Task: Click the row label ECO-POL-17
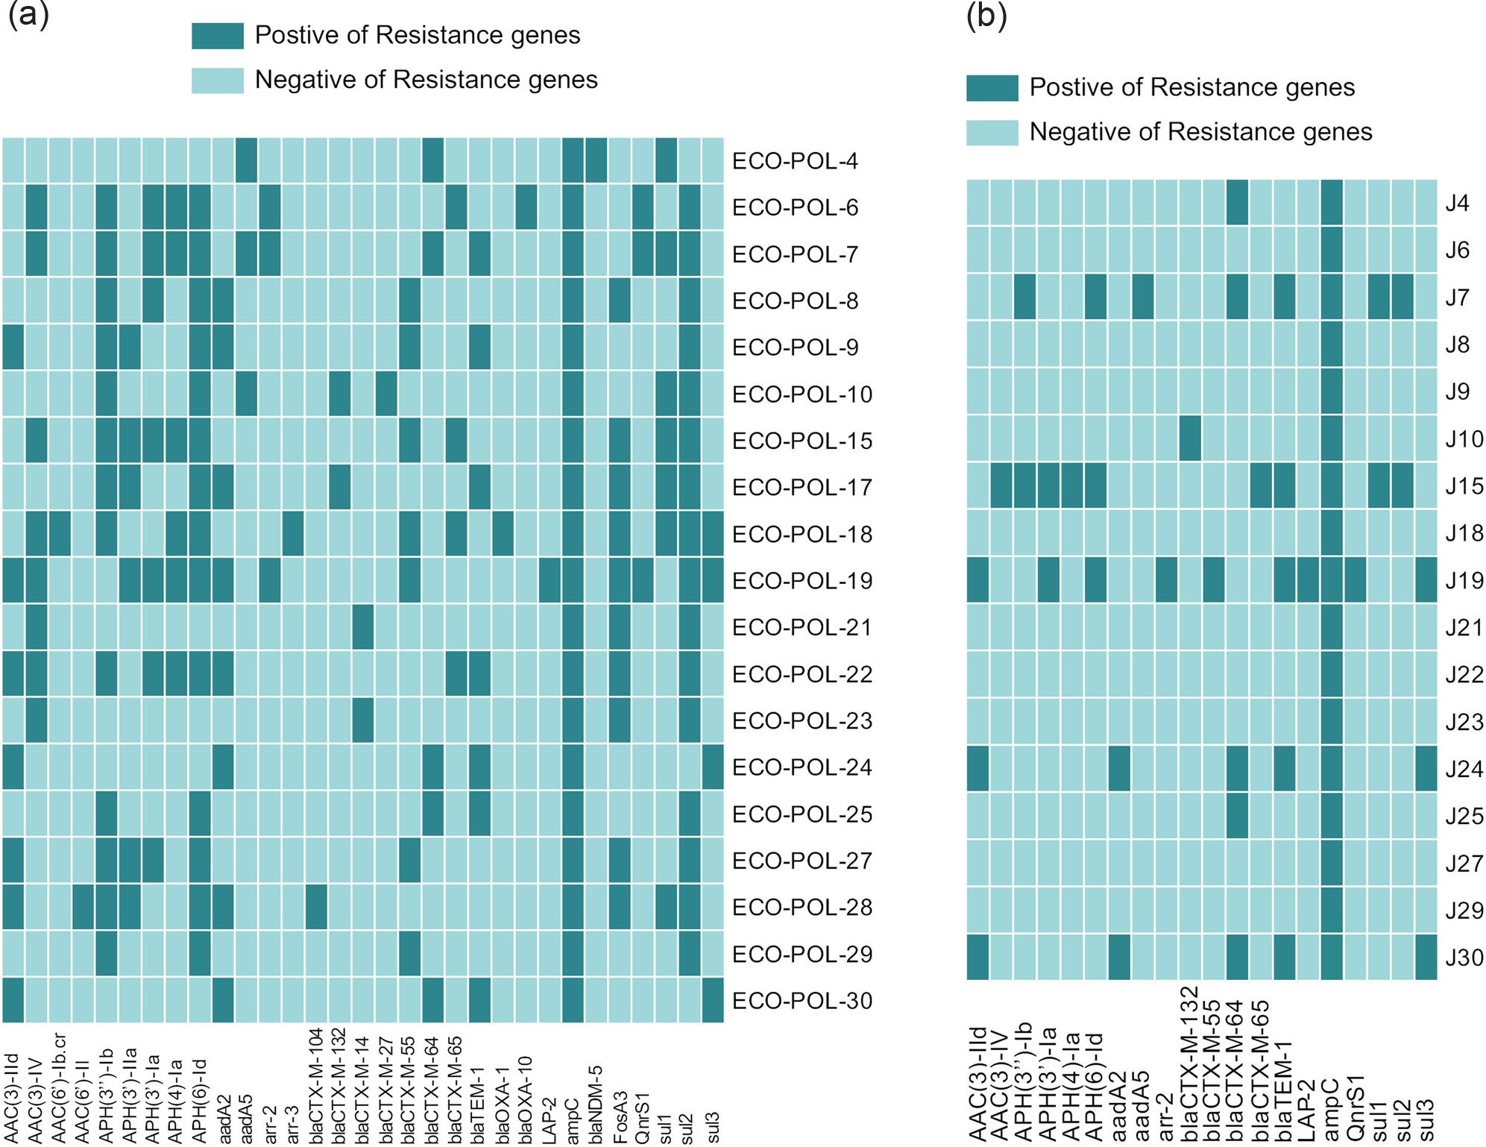point(802,488)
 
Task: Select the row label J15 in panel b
point(1464,486)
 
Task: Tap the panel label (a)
point(28,15)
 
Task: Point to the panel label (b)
point(986,15)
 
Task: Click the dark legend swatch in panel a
point(218,36)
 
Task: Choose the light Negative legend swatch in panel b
point(992,132)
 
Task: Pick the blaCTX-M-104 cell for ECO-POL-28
point(316,907)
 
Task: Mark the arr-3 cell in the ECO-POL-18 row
point(293,533)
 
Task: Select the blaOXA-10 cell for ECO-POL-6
point(526,207)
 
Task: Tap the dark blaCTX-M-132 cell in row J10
point(1190,439)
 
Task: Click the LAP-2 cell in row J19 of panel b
point(1308,579)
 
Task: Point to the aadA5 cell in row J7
point(1143,297)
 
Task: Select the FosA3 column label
point(619,1117)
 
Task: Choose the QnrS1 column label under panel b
point(1355,1107)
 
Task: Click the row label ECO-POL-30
point(802,1001)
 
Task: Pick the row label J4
point(1457,204)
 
